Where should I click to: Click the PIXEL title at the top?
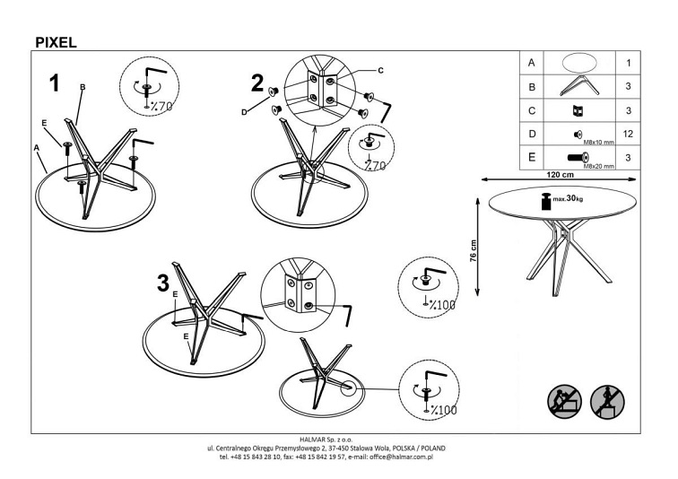pyautogui.click(x=55, y=41)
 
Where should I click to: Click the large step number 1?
pyautogui.click(x=55, y=83)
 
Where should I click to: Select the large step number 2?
pyautogui.click(x=257, y=84)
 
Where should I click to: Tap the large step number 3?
pyautogui.click(x=162, y=283)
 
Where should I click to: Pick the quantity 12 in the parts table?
pyautogui.click(x=629, y=135)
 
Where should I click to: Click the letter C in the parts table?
pyautogui.click(x=532, y=110)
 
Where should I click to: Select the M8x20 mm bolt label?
pyautogui.click(x=598, y=166)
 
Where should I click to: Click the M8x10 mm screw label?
pyautogui.click(x=598, y=142)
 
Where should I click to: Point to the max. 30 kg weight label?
pyautogui.click(x=569, y=199)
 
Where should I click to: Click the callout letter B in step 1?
pyautogui.click(x=83, y=86)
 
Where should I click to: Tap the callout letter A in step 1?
pyautogui.click(x=37, y=146)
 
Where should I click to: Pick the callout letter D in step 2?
pyautogui.click(x=243, y=112)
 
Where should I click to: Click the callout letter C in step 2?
pyautogui.click(x=380, y=69)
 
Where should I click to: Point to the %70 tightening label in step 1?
pyautogui.click(x=161, y=107)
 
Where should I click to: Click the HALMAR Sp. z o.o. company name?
pyautogui.click(x=338, y=440)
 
